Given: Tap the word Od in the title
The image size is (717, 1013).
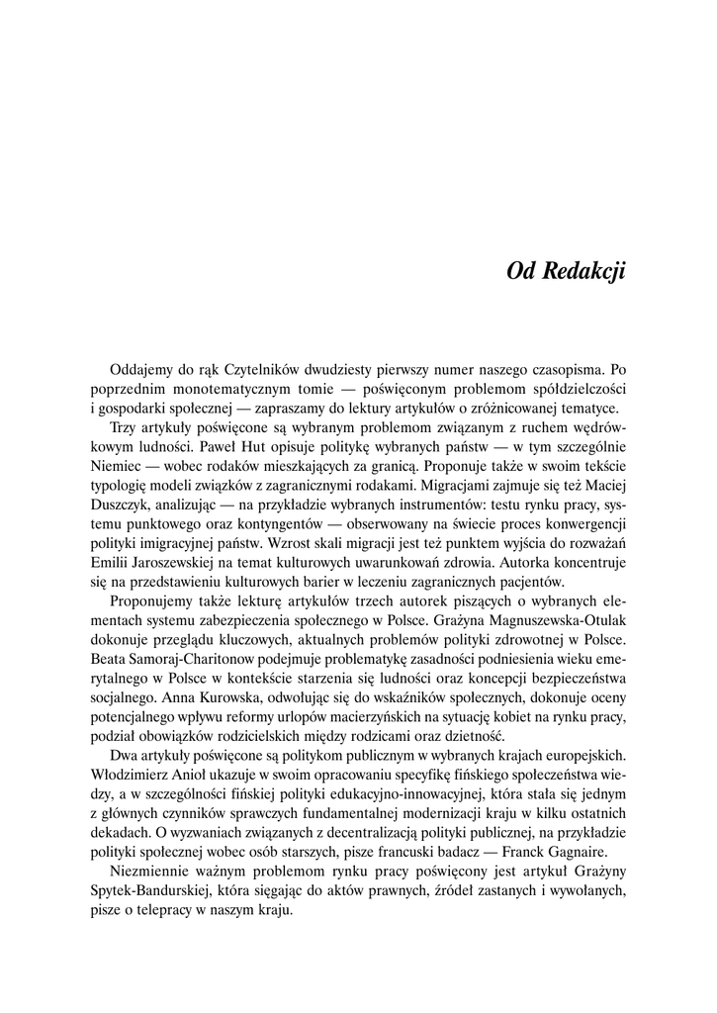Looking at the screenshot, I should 521,271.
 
